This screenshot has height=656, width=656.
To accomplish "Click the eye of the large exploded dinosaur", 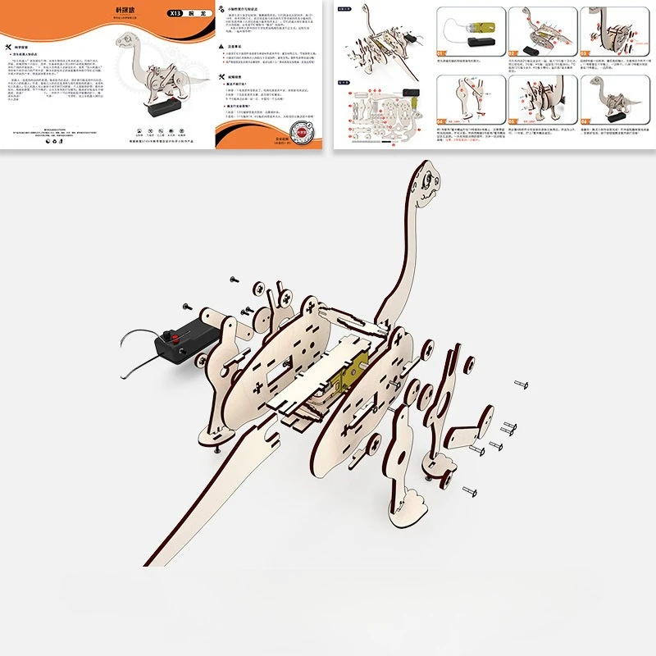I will coord(429,176).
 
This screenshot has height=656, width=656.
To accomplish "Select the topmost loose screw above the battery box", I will coord(234,280).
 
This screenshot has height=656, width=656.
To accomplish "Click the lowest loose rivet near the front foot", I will coord(471,490).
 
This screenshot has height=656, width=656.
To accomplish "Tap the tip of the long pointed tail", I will coord(146,566).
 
